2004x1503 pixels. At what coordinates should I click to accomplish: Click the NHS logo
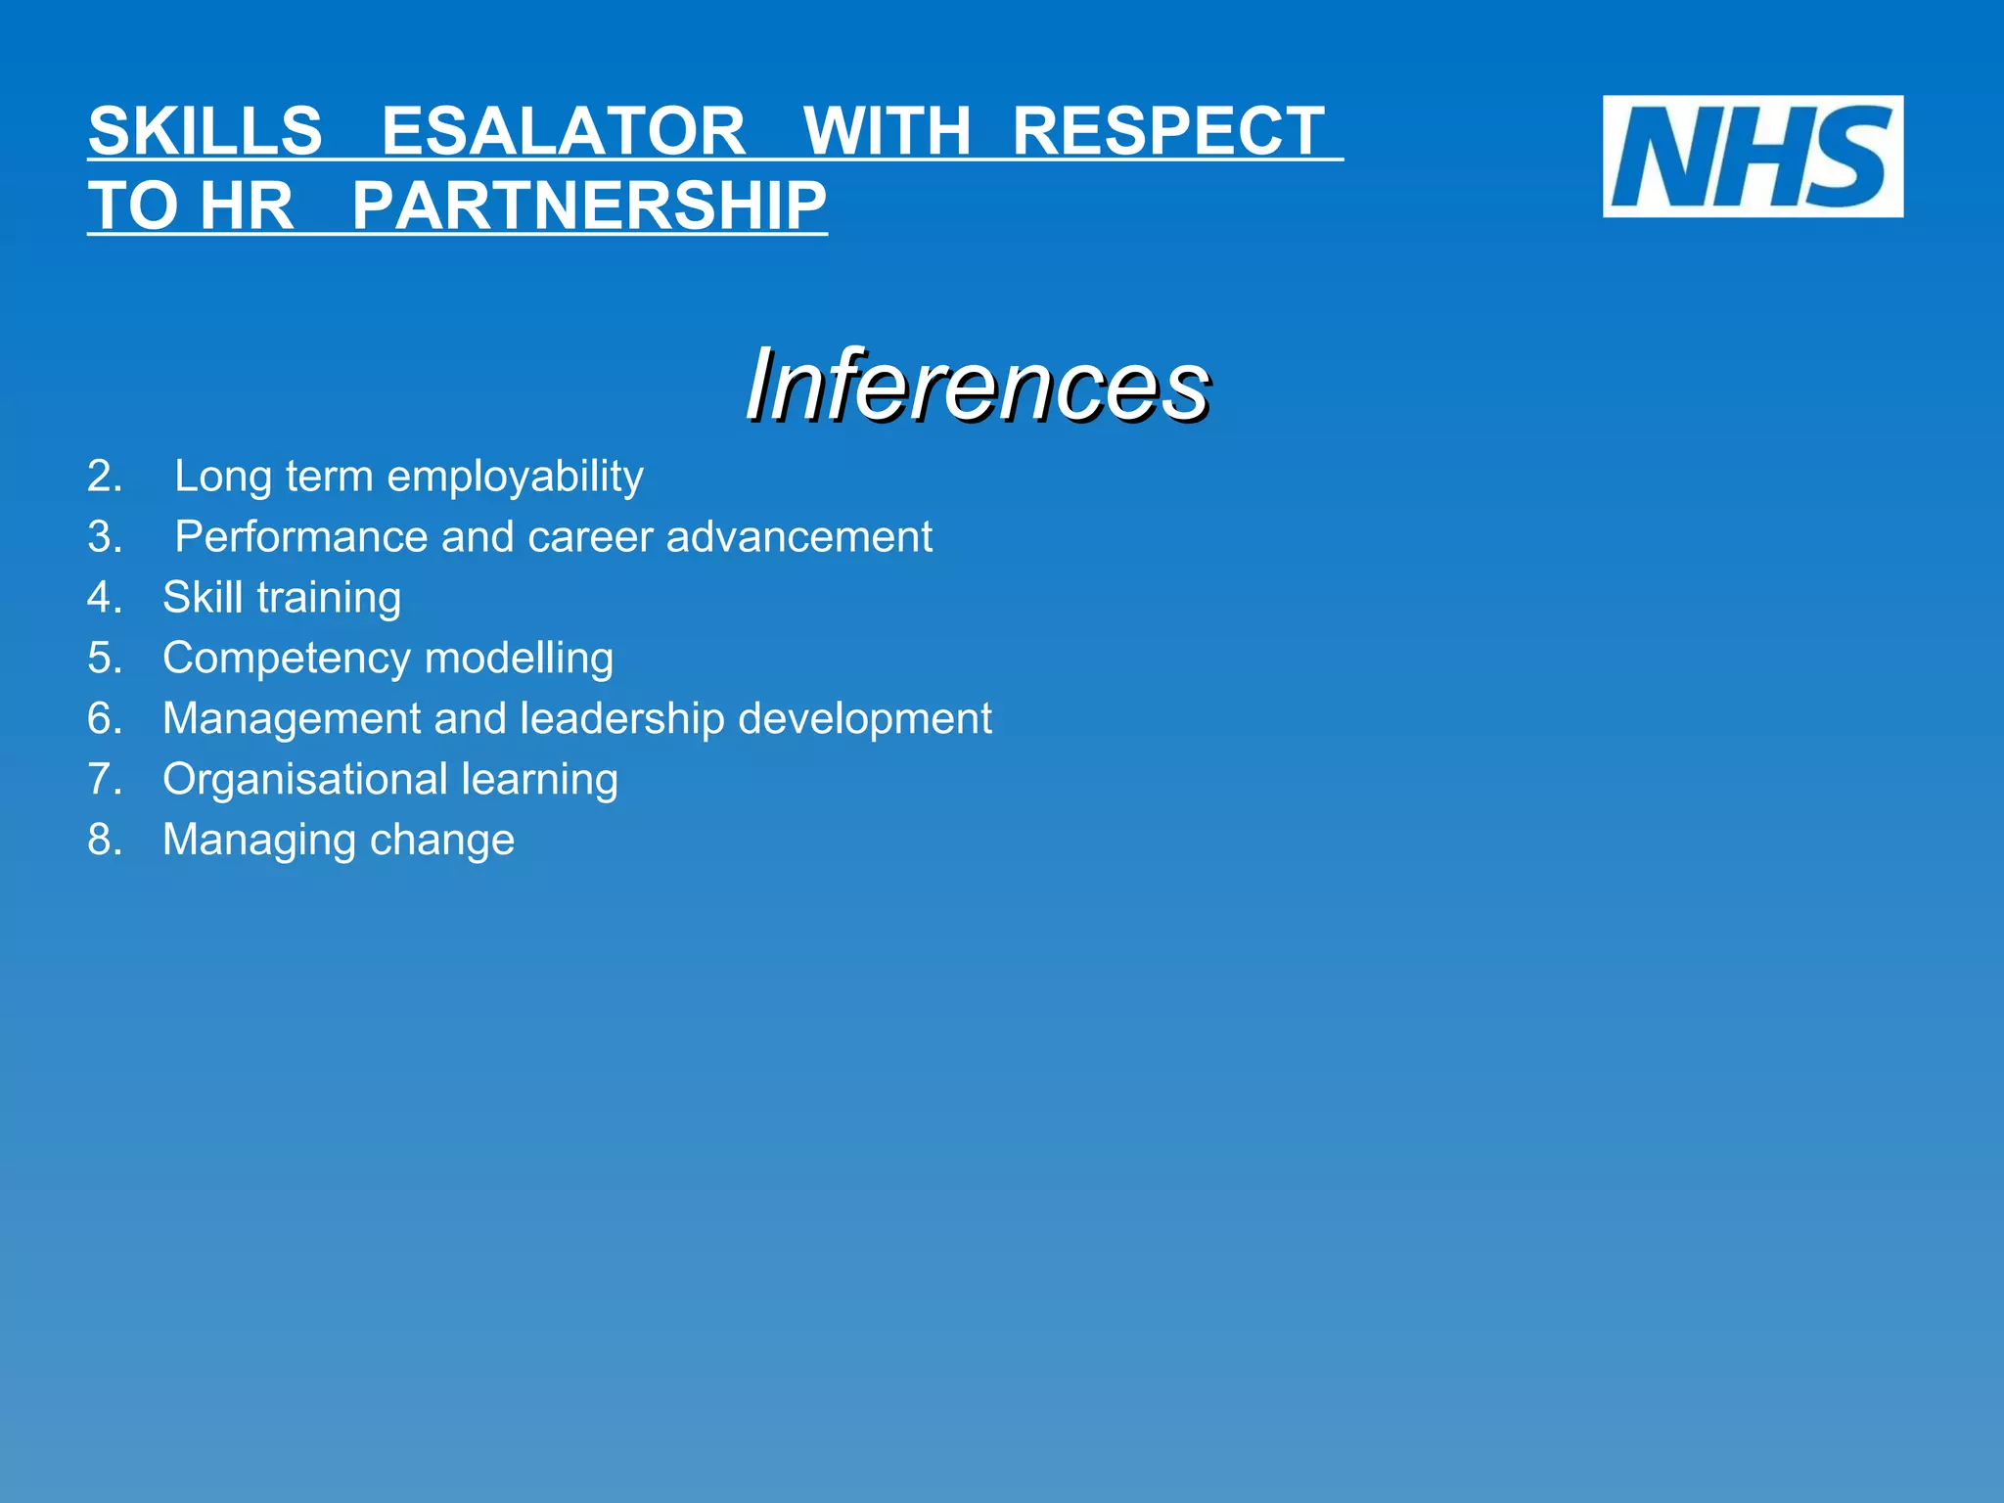click(1753, 157)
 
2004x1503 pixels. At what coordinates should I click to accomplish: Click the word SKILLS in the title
click(205, 131)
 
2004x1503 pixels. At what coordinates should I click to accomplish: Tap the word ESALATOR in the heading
click(564, 131)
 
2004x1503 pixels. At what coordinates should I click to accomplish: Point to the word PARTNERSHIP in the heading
click(589, 206)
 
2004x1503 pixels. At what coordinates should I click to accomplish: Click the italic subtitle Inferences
click(977, 386)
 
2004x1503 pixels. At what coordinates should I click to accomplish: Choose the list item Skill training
click(282, 598)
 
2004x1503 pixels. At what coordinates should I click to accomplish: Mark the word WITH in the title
click(887, 131)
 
